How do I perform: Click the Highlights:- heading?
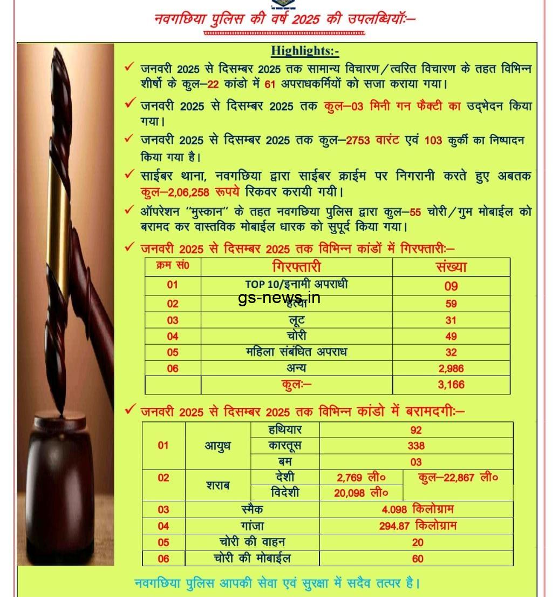pyautogui.click(x=305, y=51)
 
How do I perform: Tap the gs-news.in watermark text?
pyautogui.click(x=279, y=297)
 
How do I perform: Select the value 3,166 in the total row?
pyautogui.click(x=451, y=385)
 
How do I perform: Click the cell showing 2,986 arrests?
pyautogui.click(x=451, y=368)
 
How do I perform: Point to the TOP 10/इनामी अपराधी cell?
pyautogui.click(x=296, y=285)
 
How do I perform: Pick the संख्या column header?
pyautogui.click(x=451, y=266)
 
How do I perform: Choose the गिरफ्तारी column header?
pyautogui.click(x=296, y=267)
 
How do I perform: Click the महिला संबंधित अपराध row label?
pyautogui.click(x=296, y=352)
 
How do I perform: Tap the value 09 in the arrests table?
pyautogui.click(x=451, y=286)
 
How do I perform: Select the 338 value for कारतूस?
pyautogui.click(x=416, y=446)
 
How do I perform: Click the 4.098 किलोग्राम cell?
pyautogui.click(x=416, y=509)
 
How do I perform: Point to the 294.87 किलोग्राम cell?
pyautogui.click(x=416, y=526)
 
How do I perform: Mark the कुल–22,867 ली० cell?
pyautogui.click(x=458, y=478)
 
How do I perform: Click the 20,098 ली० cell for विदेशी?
pyautogui.click(x=361, y=493)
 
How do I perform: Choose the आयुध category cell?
pyautogui.click(x=217, y=446)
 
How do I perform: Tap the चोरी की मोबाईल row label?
pyautogui.click(x=252, y=558)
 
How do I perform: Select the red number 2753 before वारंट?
pyautogui.click(x=358, y=140)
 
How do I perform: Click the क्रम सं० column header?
pyautogui.click(x=172, y=266)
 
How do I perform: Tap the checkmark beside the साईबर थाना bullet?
pyautogui.click(x=129, y=174)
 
